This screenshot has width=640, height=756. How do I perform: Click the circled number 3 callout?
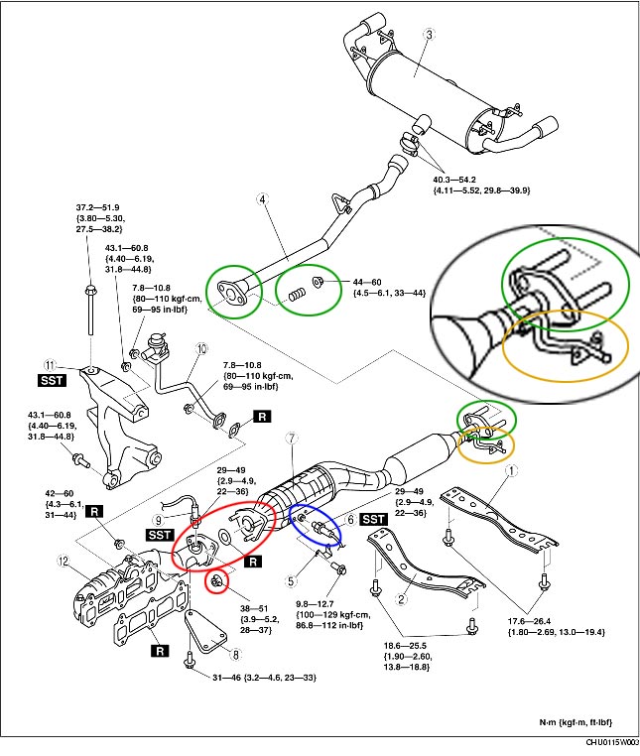[x=430, y=35]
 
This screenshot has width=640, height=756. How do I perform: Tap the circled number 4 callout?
[x=263, y=200]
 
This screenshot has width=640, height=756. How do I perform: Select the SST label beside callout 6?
[x=373, y=519]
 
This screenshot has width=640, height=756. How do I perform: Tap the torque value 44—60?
[x=352, y=282]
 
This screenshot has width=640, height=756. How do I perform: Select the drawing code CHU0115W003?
[x=610, y=744]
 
